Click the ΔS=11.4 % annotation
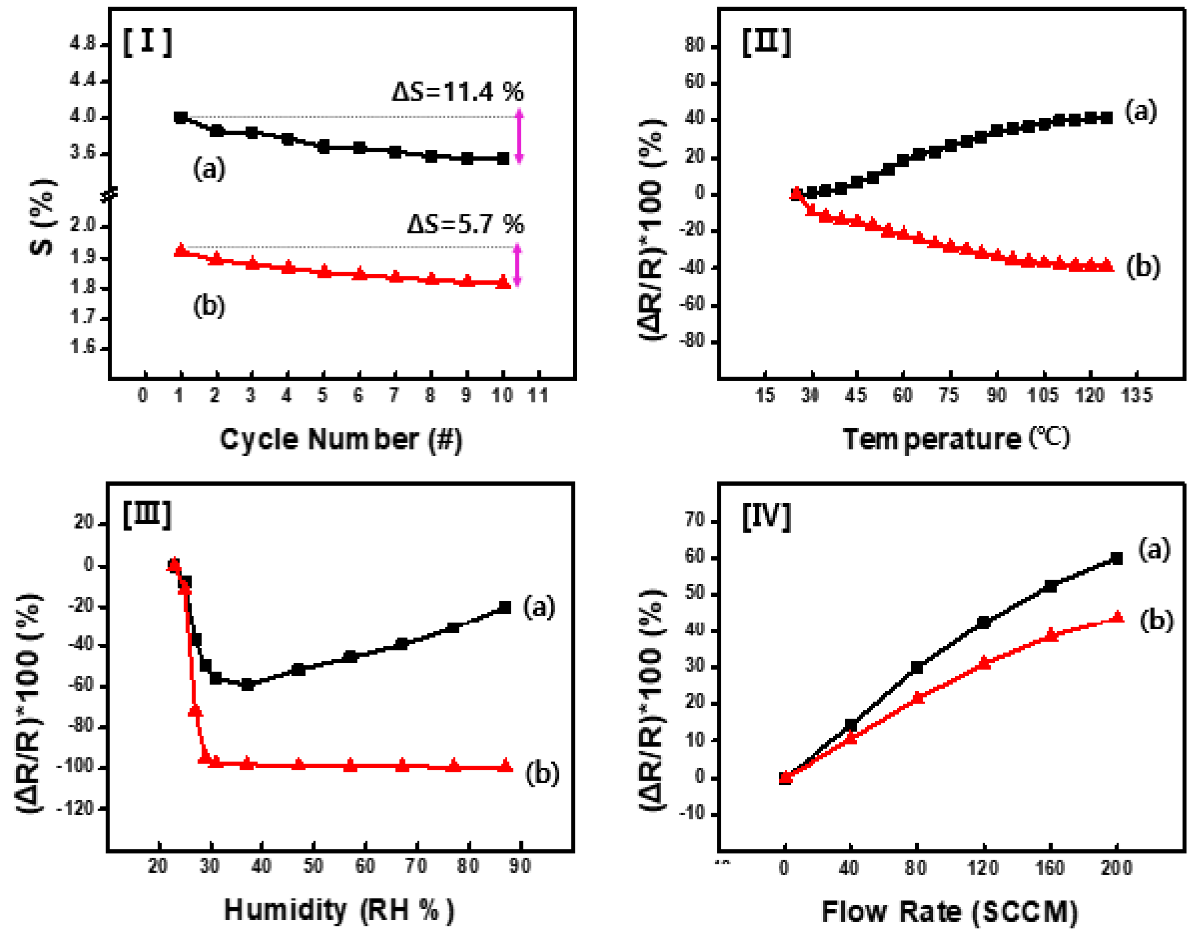click(458, 91)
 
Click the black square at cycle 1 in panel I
click(180, 117)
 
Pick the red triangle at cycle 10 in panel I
click(503, 283)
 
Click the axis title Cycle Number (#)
click(341, 440)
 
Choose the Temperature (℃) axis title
click(956, 439)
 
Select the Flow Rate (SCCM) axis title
click(949, 911)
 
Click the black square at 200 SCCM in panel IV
click(1116, 558)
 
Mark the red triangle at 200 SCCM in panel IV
click(1117, 617)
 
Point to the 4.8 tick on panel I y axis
click(83, 44)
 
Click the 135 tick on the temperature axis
click(1136, 395)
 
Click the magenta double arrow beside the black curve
click(519, 137)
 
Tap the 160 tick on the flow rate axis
click(1050, 868)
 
